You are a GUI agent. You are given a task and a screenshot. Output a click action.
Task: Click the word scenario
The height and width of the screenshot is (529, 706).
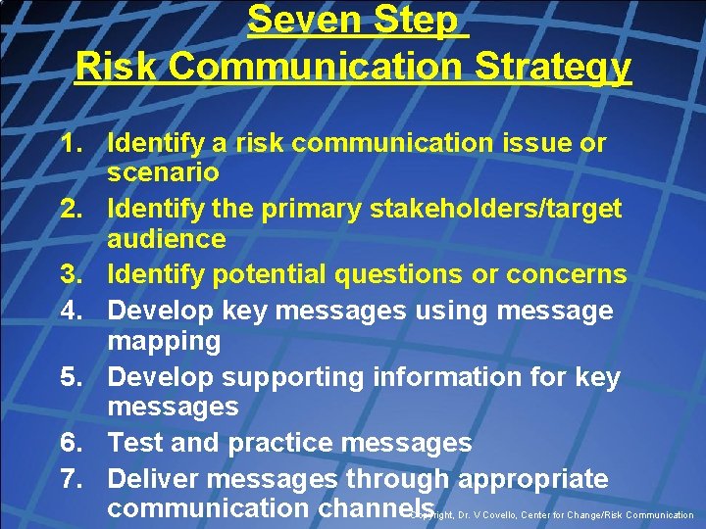click(x=164, y=173)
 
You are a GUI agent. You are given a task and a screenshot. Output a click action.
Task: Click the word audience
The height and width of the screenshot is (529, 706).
click(x=167, y=239)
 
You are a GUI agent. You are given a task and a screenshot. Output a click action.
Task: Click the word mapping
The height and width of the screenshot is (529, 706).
click(x=164, y=341)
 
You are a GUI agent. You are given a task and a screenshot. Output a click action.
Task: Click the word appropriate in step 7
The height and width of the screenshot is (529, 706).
click(x=533, y=479)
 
